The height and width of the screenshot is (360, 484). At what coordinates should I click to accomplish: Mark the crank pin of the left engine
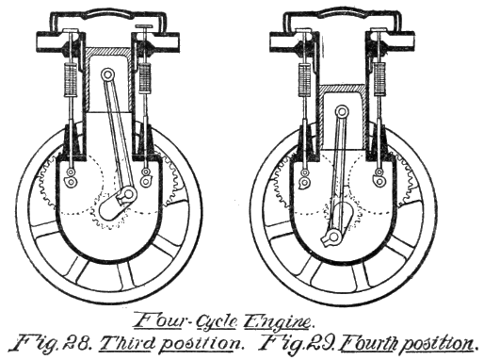click(x=124, y=196)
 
